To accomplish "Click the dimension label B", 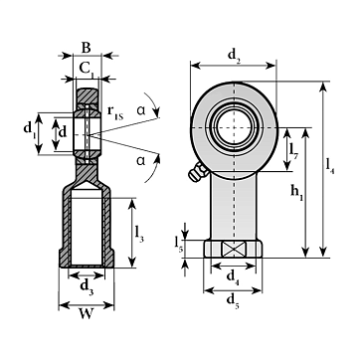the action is [86, 48].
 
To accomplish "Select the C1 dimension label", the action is [87, 69].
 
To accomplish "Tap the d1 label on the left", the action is [29, 128].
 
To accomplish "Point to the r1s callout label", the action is [115, 112].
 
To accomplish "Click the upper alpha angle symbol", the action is [141, 110].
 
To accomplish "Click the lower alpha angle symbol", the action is [141, 161].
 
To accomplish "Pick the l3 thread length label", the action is [139, 235].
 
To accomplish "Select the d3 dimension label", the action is [87, 286].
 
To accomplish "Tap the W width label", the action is [86, 314].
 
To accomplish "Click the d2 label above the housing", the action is [234, 54].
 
